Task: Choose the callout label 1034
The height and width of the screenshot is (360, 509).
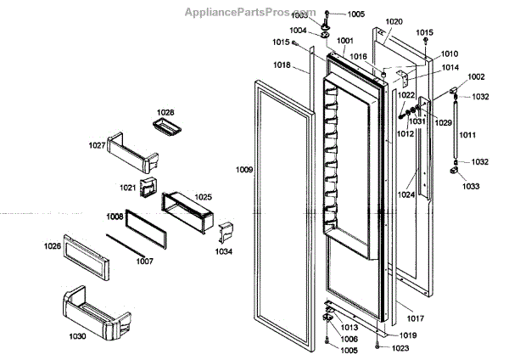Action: point(224,252)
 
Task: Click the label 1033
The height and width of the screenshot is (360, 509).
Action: point(470,185)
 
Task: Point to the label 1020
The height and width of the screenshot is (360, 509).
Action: point(394,22)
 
